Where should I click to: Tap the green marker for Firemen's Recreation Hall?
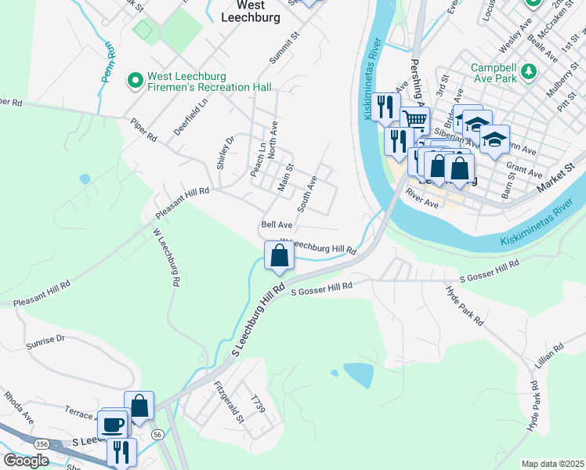135,80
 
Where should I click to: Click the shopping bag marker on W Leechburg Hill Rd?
279,255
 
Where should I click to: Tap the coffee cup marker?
113,425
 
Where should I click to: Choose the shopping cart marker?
414,120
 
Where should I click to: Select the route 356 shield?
41,443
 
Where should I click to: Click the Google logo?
26,461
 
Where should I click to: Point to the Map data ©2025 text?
552,464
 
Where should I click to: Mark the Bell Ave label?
277,224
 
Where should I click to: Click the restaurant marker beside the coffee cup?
121,452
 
